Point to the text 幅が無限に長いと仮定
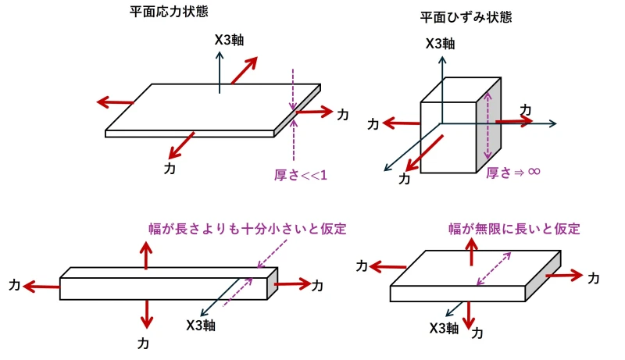[514, 229]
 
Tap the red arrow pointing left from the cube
[400, 123]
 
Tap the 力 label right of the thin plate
[342, 115]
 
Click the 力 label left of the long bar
[15, 284]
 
